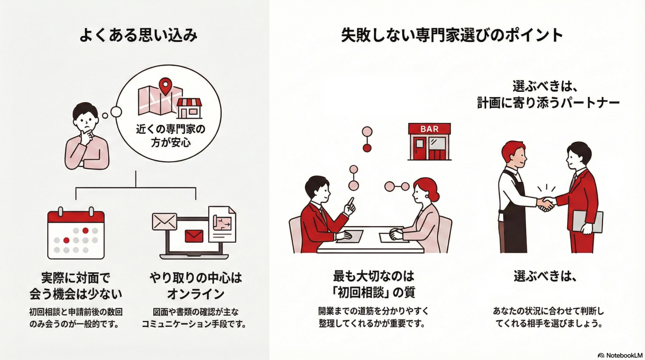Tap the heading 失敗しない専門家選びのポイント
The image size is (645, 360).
tap(452, 36)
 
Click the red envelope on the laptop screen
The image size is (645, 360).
tap(194, 236)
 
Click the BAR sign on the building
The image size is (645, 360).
tap(429, 129)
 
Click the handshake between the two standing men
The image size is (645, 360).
tap(546, 204)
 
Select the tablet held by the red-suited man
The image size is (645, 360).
tap(587, 221)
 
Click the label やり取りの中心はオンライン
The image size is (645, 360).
tap(195, 286)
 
